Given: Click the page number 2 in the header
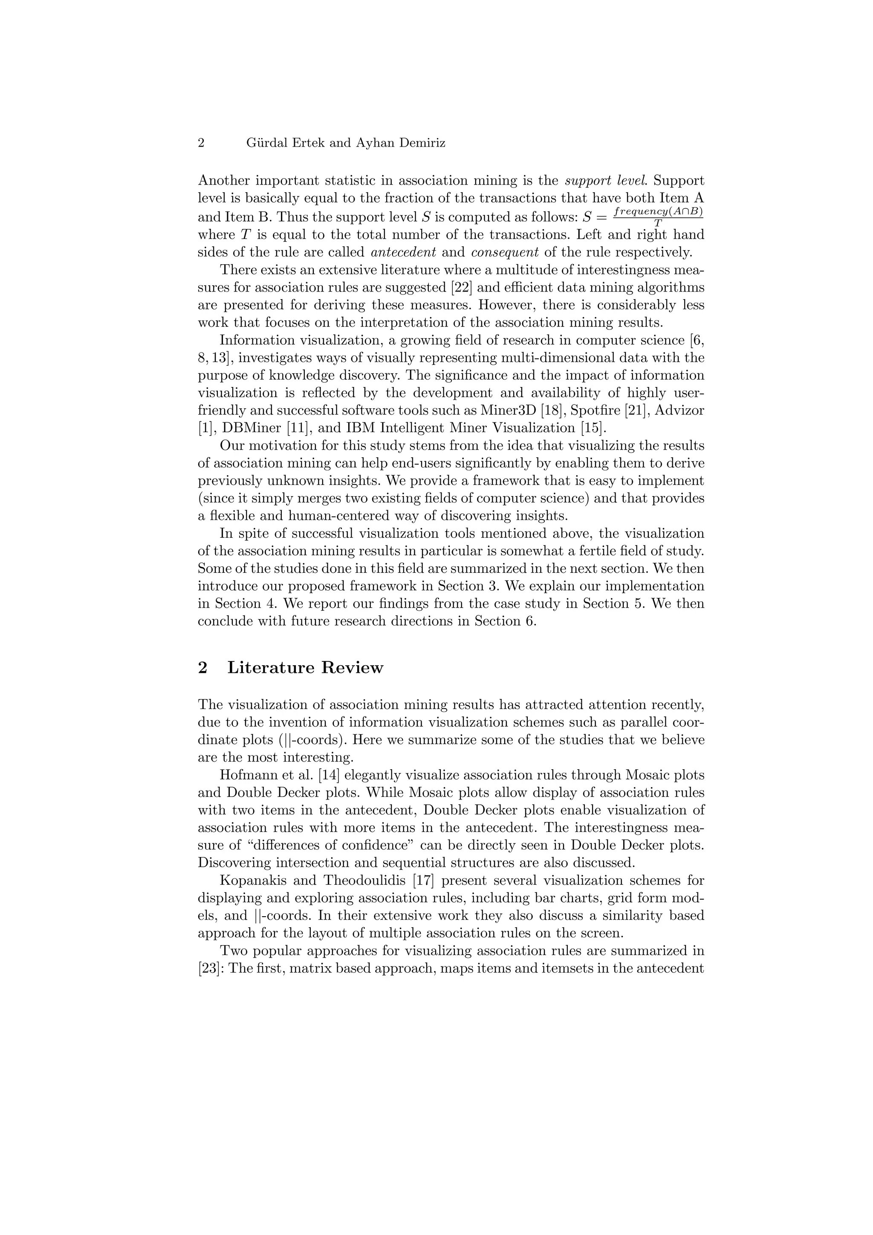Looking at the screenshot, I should point(201,143).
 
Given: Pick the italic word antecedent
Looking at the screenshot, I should point(403,252).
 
